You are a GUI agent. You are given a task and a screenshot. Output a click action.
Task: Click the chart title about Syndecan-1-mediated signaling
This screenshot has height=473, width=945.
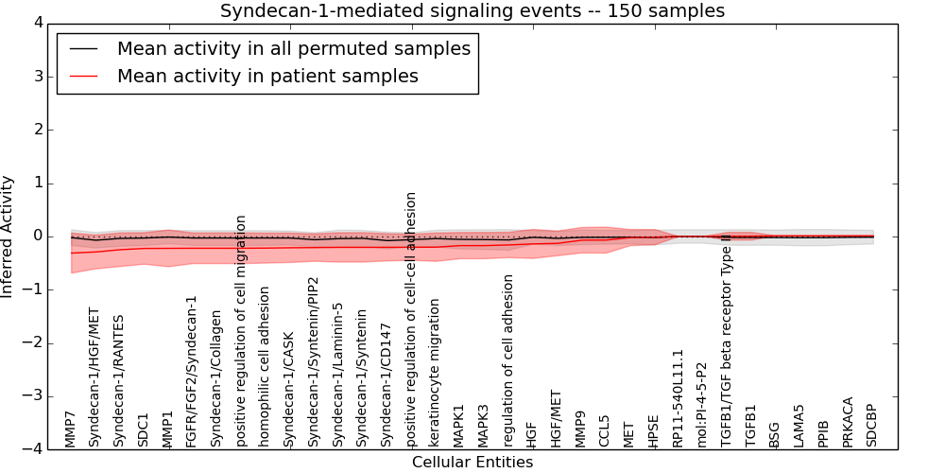coord(472,11)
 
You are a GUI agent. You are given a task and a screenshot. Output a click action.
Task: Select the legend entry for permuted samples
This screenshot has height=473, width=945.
coord(293,48)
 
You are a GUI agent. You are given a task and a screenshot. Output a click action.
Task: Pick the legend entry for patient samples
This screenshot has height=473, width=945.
coord(267,76)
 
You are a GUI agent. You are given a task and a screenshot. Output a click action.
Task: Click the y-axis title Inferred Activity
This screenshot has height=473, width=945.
coord(9,236)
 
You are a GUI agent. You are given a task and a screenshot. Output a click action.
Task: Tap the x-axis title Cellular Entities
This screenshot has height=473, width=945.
coord(472,462)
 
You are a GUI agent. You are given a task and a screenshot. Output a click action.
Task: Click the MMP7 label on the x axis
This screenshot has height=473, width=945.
coord(70,429)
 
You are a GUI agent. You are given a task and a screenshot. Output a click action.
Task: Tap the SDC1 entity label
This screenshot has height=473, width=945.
coord(144,429)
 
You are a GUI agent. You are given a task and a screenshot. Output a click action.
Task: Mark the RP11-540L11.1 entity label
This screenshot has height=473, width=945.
coord(678,397)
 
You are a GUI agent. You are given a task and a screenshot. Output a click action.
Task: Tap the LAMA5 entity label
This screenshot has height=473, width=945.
coord(799,426)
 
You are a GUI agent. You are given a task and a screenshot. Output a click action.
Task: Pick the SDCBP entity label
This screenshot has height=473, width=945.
coord(872,425)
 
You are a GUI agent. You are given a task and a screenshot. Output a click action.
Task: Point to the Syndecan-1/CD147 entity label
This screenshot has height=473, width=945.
coord(386,385)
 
